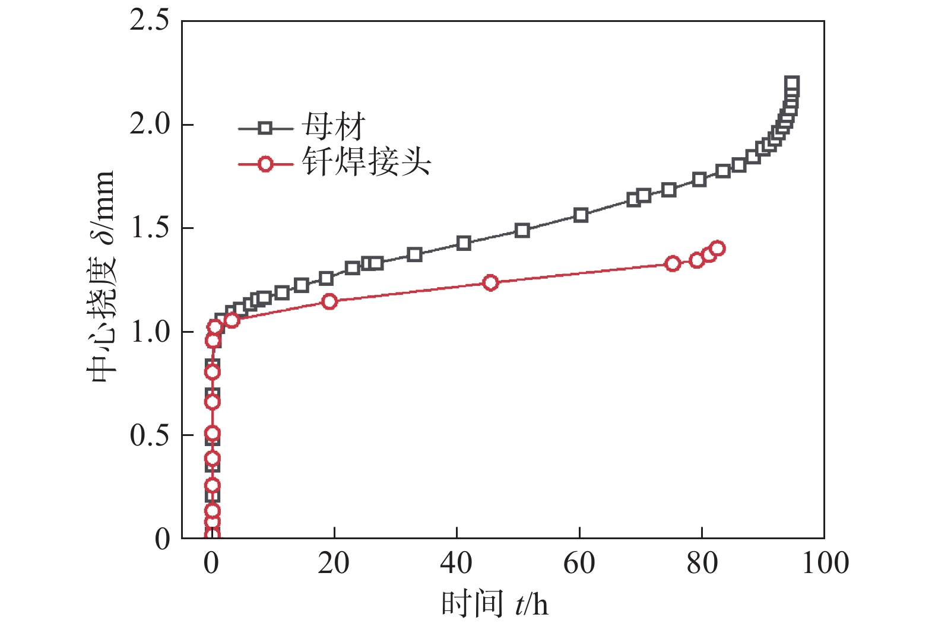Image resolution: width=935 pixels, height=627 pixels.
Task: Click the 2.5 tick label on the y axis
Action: point(149,21)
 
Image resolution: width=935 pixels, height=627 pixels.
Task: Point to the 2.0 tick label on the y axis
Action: point(149,125)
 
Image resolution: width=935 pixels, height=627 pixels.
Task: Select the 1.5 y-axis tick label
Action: point(149,228)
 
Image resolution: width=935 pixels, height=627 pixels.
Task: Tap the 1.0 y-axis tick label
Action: point(149,332)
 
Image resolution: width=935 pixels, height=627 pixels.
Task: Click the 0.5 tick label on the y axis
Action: point(149,435)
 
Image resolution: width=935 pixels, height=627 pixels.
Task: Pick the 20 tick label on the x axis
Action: point(334,563)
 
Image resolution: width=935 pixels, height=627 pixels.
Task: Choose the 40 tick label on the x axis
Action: point(456,563)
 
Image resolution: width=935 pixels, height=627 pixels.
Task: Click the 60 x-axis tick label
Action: point(579,563)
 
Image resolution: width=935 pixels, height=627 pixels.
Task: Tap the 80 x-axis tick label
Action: point(702,563)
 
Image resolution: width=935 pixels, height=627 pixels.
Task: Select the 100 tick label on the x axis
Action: point(825,563)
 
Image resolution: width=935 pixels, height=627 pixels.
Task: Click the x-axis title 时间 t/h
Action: point(494,604)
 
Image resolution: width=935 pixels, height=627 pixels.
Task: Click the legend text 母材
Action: point(333,127)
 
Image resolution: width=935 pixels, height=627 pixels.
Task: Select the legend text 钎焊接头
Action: point(366,162)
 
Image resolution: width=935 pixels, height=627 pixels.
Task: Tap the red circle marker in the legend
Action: point(265,164)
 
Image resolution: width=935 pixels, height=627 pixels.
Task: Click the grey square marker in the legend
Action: point(265,128)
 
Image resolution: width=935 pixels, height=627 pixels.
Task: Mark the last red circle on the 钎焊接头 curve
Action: point(717,248)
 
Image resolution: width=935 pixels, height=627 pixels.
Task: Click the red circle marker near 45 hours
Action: point(490,282)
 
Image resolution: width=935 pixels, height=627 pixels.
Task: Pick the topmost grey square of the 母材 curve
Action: point(791,83)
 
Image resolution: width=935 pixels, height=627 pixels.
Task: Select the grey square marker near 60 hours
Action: point(581,215)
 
